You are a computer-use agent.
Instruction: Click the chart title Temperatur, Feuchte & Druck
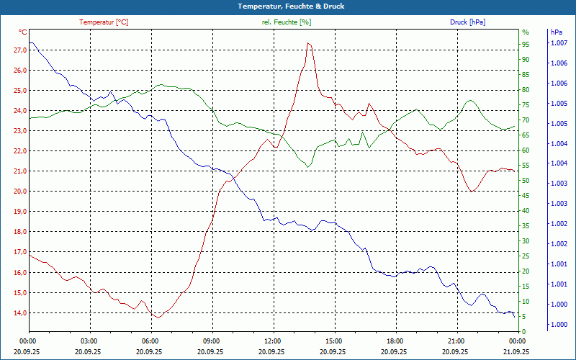coord(288,6)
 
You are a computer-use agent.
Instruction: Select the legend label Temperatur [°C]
coord(104,22)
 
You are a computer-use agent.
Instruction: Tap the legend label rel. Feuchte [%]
coord(287,22)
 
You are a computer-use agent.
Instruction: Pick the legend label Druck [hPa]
coord(467,22)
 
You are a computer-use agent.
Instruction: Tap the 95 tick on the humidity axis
coord(526,44)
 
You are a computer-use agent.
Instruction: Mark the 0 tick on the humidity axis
coord(523,332)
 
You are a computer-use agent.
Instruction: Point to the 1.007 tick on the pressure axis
coord(559,44)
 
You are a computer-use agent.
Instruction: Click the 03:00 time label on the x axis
coord(89,341)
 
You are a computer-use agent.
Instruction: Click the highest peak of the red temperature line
coord(308,43)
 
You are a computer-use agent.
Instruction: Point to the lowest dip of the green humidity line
coord(307,168)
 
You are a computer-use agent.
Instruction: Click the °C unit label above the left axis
coord(23,32)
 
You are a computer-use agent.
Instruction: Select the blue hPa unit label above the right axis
coord(557,32)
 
